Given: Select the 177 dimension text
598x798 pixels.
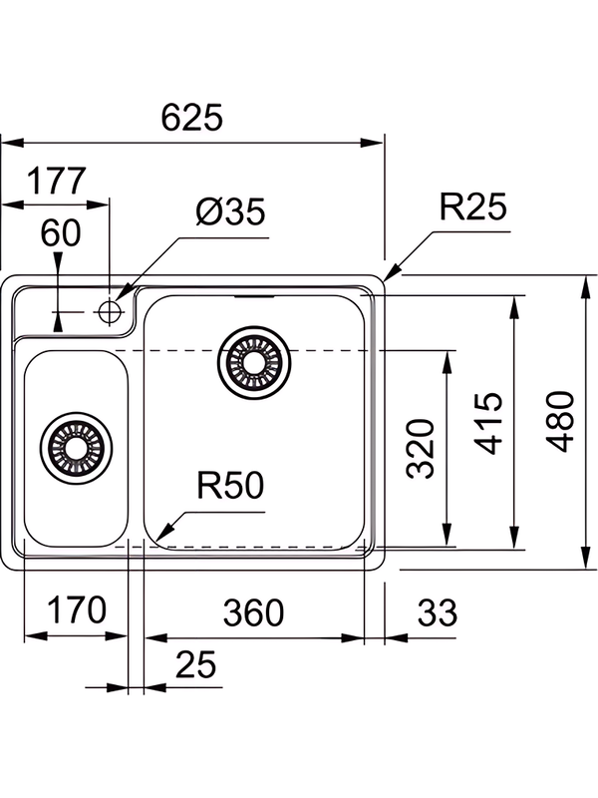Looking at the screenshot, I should coord(57,183).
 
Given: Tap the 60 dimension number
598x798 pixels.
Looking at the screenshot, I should coord(61,233).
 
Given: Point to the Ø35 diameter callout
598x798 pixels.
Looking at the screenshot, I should coord(230,212).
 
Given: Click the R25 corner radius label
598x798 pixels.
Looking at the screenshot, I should coord(473,207).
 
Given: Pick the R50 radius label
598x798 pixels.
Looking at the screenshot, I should coord(229,487).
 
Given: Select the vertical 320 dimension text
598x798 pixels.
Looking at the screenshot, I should coord(424,448).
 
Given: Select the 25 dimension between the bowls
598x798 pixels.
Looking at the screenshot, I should coord(194,665).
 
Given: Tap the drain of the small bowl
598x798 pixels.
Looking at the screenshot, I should coord(76,446).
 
